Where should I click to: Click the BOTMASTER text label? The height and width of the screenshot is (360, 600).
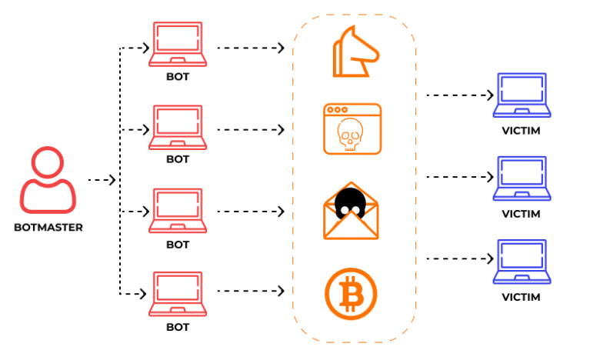point(48,228)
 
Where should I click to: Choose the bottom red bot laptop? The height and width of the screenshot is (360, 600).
point(177,294)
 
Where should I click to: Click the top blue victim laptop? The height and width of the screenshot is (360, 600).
point(521,95)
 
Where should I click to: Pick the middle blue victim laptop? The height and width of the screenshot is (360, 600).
point(521,178)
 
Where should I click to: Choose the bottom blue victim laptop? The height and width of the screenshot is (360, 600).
point(521,262)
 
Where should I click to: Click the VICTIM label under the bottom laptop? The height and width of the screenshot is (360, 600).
point(521,297)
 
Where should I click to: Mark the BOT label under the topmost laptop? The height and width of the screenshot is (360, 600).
point(178,77)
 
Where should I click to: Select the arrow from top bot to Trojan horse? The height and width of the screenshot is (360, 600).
point(250,48)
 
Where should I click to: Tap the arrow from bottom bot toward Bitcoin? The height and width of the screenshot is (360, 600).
point(250,292)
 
